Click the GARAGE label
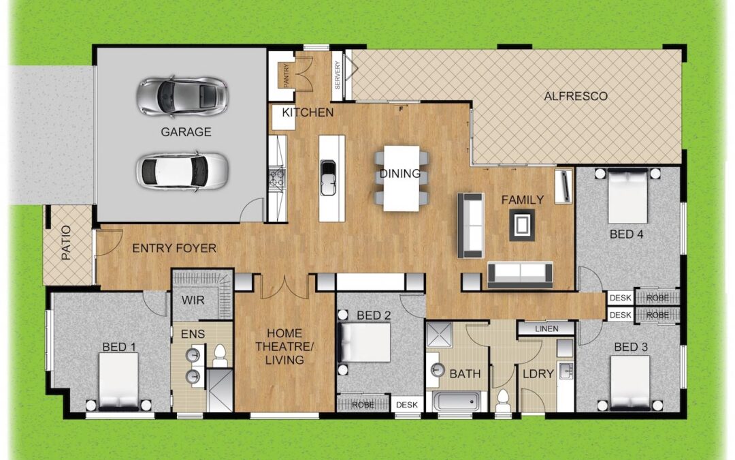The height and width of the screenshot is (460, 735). click(186, 132)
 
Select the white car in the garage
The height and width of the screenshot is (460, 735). click(182, 171)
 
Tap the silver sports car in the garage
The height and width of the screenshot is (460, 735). click(182, 96)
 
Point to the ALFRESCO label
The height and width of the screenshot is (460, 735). click(576, 96)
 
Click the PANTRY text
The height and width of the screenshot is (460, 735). click(287, 75)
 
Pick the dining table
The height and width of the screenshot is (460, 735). click(402, 179)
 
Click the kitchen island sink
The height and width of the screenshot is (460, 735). click(328, 177)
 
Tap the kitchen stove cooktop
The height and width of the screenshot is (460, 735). click(276, 179)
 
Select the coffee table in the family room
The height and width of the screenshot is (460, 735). click(522, 226)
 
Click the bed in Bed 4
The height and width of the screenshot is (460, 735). click(627, 196)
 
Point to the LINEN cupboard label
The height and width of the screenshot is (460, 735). click(546, 329)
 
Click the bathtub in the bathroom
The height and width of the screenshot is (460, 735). click(457, 401)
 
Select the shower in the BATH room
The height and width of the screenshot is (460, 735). click(440, 335)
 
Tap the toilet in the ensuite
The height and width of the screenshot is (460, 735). click(220, 356)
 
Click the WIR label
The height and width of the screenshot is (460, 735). click(193, 300)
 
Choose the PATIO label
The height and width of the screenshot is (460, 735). click(66, 243)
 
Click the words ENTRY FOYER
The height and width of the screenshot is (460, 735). click(174, 248)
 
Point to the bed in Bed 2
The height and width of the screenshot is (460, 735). click(365, 342)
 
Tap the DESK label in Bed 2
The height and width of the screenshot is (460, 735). click(407, 405)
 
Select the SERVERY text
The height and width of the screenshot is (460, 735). click(338, 75)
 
